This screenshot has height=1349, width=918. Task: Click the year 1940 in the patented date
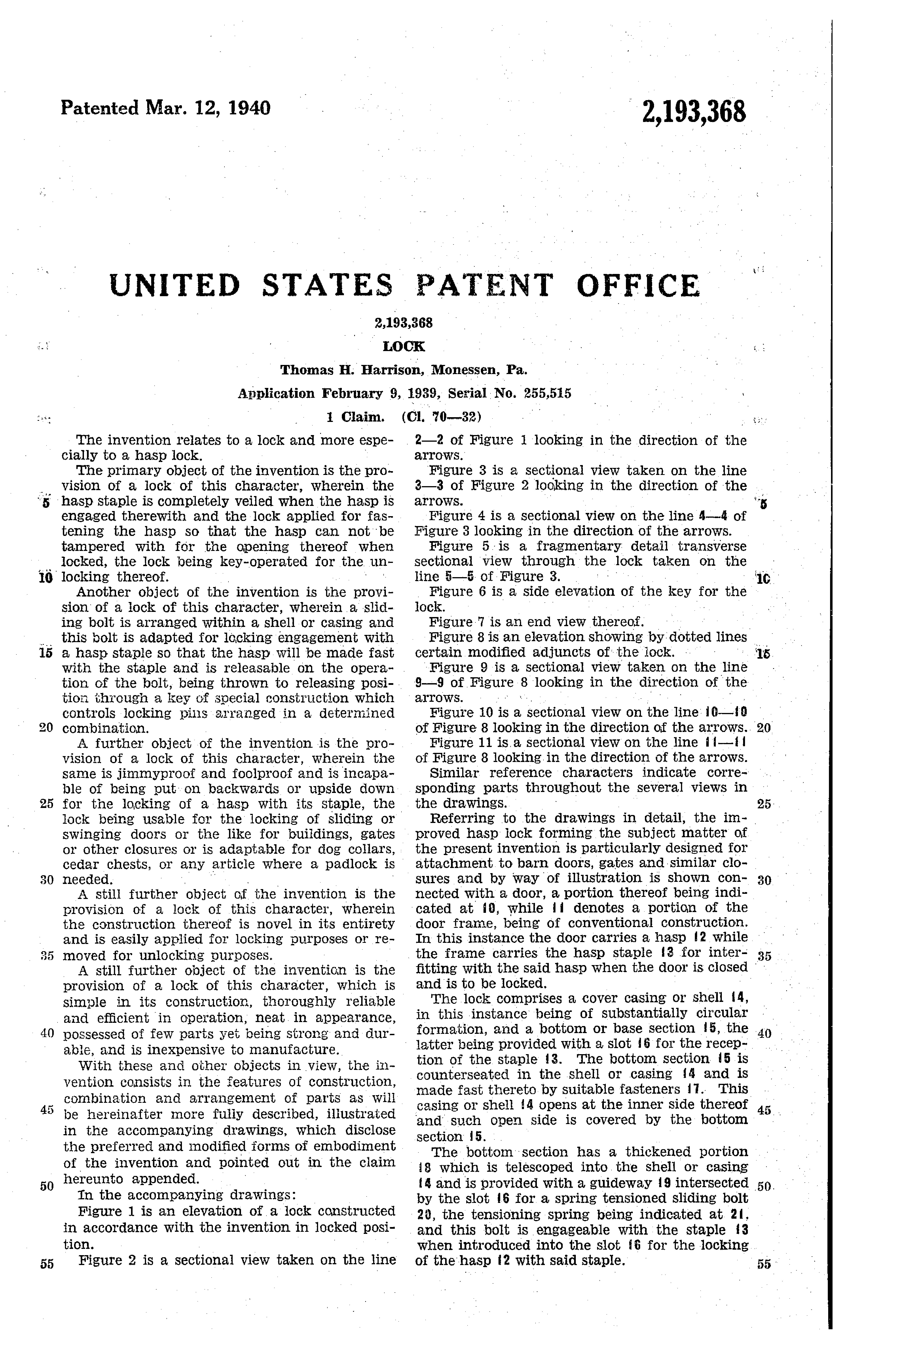click(247, 108)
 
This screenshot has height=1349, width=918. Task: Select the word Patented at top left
click(100, 108)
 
